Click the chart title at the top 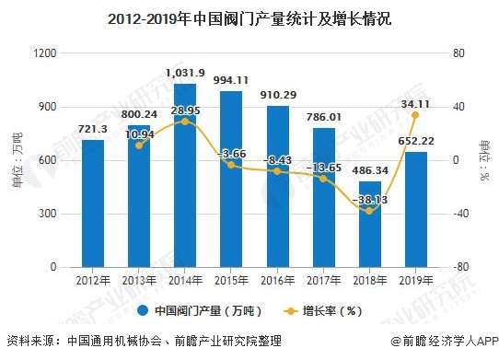(x=249, y=17)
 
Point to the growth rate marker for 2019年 (x=415, y=115)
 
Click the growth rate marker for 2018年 (x=369, y=211)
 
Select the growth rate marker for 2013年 (x=139, y=145)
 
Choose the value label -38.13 (x=369, y=199)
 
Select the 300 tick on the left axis (x=48, y=214)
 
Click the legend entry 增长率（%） (x=333, y=310)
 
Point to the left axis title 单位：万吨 (x=16, y=160)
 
